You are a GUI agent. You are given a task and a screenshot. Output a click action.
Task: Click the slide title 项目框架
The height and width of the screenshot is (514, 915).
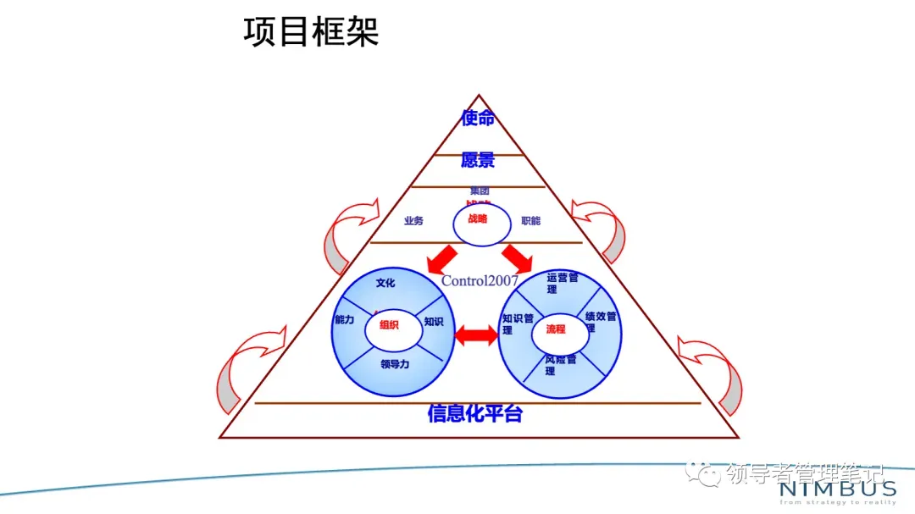tap(311, 32)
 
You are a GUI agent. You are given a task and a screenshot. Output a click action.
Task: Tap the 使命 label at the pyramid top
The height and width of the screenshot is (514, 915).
tap(478, 119)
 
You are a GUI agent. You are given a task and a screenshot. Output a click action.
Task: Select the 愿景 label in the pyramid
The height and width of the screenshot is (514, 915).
tap(478, 160)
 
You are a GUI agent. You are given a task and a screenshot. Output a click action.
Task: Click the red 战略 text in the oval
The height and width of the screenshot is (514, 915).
tap(478, 218)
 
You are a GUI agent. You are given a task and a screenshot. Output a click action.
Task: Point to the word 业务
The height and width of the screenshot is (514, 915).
tap(413, 221)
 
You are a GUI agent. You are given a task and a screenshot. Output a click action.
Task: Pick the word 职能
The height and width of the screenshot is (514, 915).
tap(530, 221)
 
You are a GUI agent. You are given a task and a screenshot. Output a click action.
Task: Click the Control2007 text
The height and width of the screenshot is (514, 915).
tap(480, 281)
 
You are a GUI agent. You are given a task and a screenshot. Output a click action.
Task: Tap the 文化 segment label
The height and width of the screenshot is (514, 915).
tap(385, 283)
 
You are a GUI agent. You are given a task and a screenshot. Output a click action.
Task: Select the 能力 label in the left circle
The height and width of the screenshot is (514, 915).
tap(344, 321)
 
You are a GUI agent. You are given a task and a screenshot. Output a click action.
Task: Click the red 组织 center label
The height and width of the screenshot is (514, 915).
tap(389, 324)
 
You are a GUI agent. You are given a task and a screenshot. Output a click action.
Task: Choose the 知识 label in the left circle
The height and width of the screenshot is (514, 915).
tap(434, 322)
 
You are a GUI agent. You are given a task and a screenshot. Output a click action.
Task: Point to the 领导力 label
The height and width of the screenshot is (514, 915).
tap(395, 365)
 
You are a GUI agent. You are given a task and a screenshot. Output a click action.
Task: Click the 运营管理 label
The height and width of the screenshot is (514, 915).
tap(562, 283)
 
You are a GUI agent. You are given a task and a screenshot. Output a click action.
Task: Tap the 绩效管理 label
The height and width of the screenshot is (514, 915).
tap(602, 321)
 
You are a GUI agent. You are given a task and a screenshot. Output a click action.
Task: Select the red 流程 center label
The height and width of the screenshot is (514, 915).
tap(556, 329)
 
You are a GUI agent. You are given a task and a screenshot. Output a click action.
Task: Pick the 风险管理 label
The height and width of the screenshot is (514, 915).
tap(560, 365)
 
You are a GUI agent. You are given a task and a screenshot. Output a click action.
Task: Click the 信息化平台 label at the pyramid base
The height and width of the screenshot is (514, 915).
tap(474, 414)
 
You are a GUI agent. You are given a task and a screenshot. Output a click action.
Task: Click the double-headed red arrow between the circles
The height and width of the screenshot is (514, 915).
tap(477, 336)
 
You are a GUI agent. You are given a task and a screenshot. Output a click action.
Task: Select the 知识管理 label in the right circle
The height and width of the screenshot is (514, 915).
tap(517, 323)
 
